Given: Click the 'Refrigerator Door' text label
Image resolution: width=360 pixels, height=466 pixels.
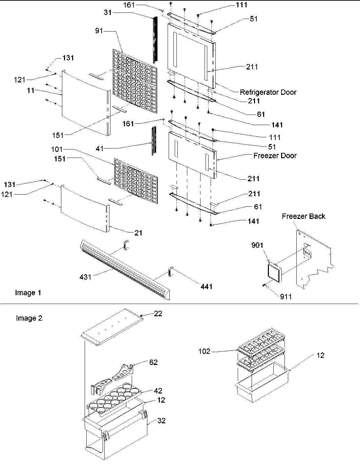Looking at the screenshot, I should tap(268, 92).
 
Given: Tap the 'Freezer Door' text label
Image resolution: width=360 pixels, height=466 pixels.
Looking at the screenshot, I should tap(275, 156).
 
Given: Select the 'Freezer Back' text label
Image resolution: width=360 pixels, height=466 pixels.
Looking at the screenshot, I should tap(303, 216).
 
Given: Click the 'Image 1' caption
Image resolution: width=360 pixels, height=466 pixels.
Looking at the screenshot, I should tap(28, 293).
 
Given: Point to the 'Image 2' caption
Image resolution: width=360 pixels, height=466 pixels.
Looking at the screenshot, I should tap(29, 318).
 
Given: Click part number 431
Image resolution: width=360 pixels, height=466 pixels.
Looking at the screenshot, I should tap(85, 277).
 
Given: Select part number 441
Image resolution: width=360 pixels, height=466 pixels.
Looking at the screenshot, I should tap(206, 287).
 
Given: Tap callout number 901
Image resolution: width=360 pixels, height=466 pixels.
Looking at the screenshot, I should tap(257, 245).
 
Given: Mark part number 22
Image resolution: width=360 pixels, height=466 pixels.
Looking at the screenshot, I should tap(158, 314).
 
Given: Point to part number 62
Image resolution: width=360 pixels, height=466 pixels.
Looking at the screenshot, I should tap(153, 363).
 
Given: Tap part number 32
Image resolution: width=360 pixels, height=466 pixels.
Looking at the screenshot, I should tap(162, 421).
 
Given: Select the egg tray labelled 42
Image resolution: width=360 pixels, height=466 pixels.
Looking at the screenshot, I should tap(114, 399).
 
